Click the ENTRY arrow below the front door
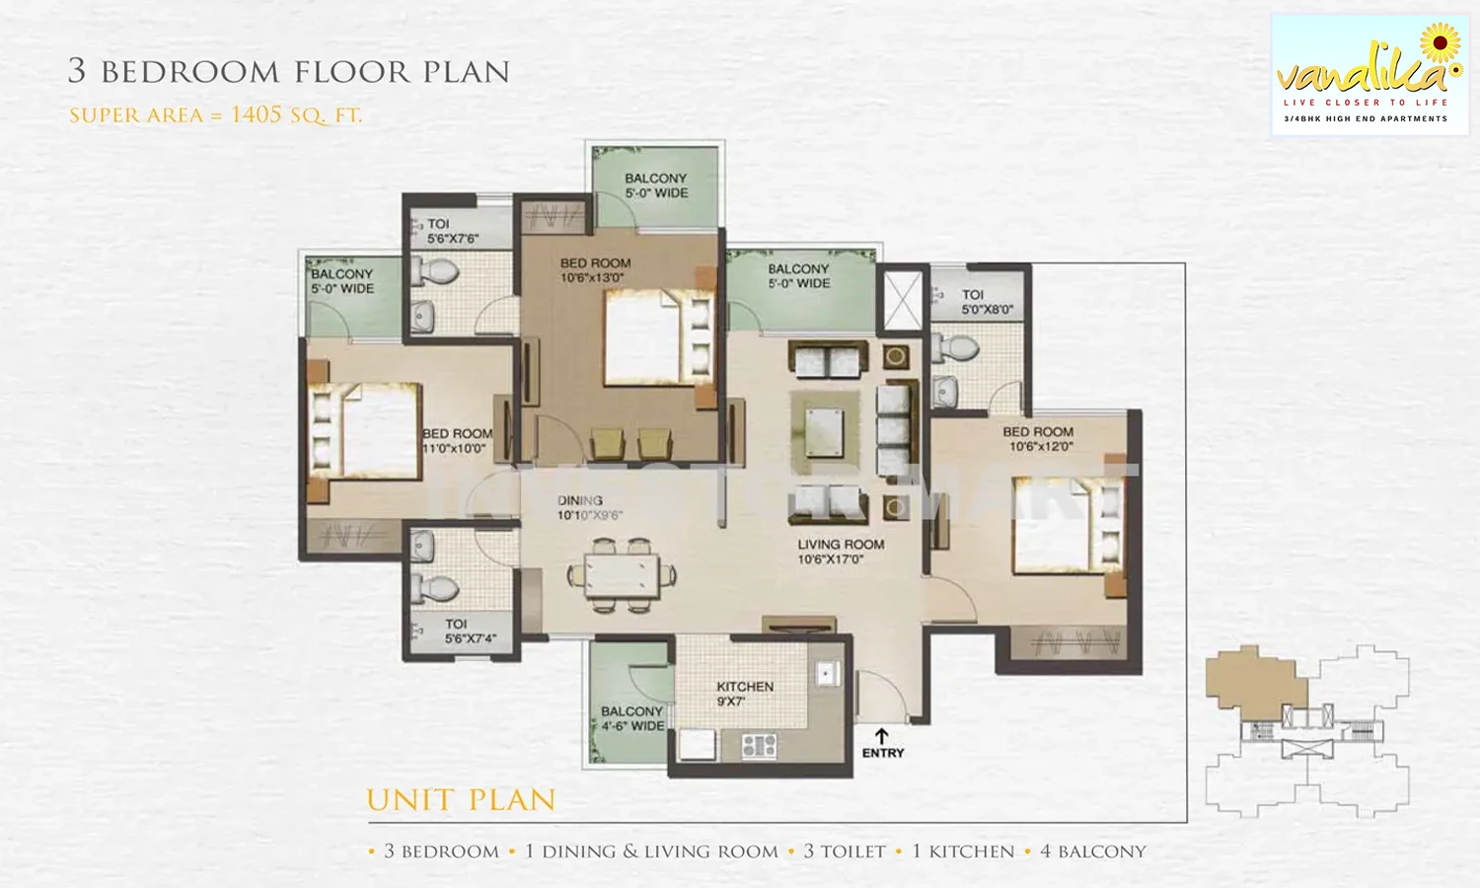[881, 736]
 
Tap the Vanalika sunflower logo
[1440, 43]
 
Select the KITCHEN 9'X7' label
[745, 694]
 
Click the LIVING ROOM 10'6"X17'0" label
[841, 552]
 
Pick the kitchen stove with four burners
[759, 746]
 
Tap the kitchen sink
[826, 673]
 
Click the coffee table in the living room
[824, 430]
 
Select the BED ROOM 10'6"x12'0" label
[1038, 439]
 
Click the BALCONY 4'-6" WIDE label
[632, 718]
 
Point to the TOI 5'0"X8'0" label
[987, 302]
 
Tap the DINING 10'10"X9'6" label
[589, 508]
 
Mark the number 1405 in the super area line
[257, 114]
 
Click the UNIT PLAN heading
[461, 800]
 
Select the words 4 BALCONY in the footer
[1092, 851]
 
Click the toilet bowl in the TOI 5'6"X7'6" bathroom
[437, 271]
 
